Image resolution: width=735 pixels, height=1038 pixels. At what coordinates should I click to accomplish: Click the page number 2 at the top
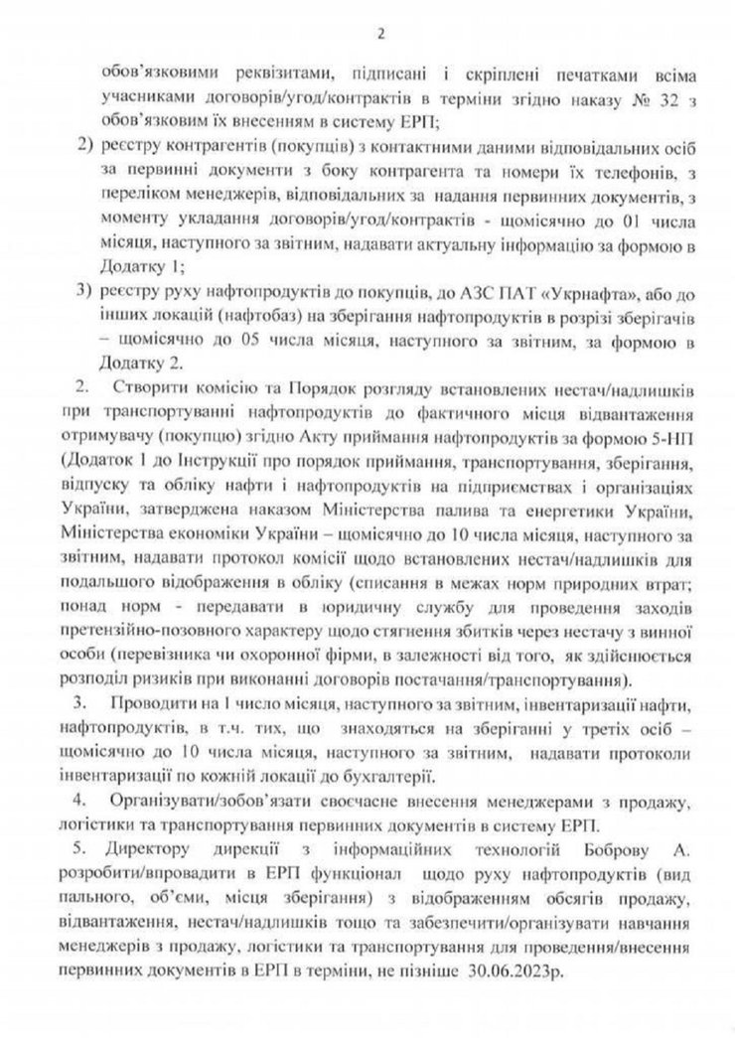pyautogui.click(x=378, y=36)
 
